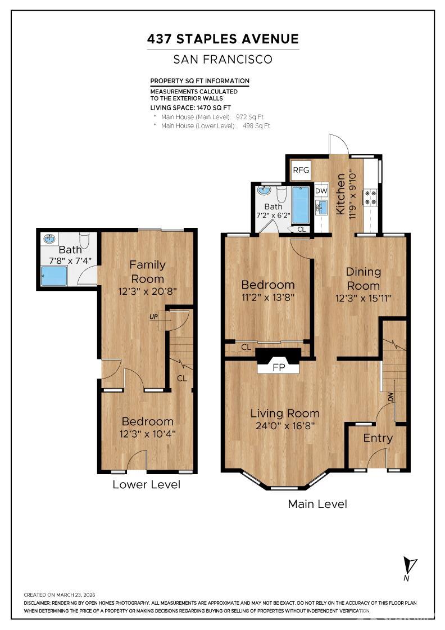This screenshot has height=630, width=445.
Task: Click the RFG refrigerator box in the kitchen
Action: [301, 169]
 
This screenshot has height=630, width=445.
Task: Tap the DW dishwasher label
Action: [321, 191]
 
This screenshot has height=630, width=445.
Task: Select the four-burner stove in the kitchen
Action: [370, 197]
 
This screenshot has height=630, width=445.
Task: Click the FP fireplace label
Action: [279, 367]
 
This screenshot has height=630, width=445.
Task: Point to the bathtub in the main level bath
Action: [301, 205]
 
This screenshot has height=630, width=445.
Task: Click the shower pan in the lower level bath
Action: [54, 276]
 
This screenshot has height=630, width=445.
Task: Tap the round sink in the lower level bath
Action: [49, 238]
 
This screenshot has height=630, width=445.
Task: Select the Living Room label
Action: [285, 413]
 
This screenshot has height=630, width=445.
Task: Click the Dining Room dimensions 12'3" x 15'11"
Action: [363, 298]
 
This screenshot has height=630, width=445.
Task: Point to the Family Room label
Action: [148, 272]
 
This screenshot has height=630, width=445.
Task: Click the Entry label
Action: [378, 438]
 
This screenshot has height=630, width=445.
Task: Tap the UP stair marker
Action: [153, 317]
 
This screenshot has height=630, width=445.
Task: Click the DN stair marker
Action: [390, 397]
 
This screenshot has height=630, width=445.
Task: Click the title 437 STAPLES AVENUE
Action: [222, 39]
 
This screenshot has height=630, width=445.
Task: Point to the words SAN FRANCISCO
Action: [222, 60]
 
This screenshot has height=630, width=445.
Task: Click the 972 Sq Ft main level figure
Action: [249, 117]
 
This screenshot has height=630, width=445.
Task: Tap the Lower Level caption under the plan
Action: [146, 484]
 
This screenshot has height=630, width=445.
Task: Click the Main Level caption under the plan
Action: [317, 504]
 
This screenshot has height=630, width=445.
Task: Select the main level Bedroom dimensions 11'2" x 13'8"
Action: [268, 298]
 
